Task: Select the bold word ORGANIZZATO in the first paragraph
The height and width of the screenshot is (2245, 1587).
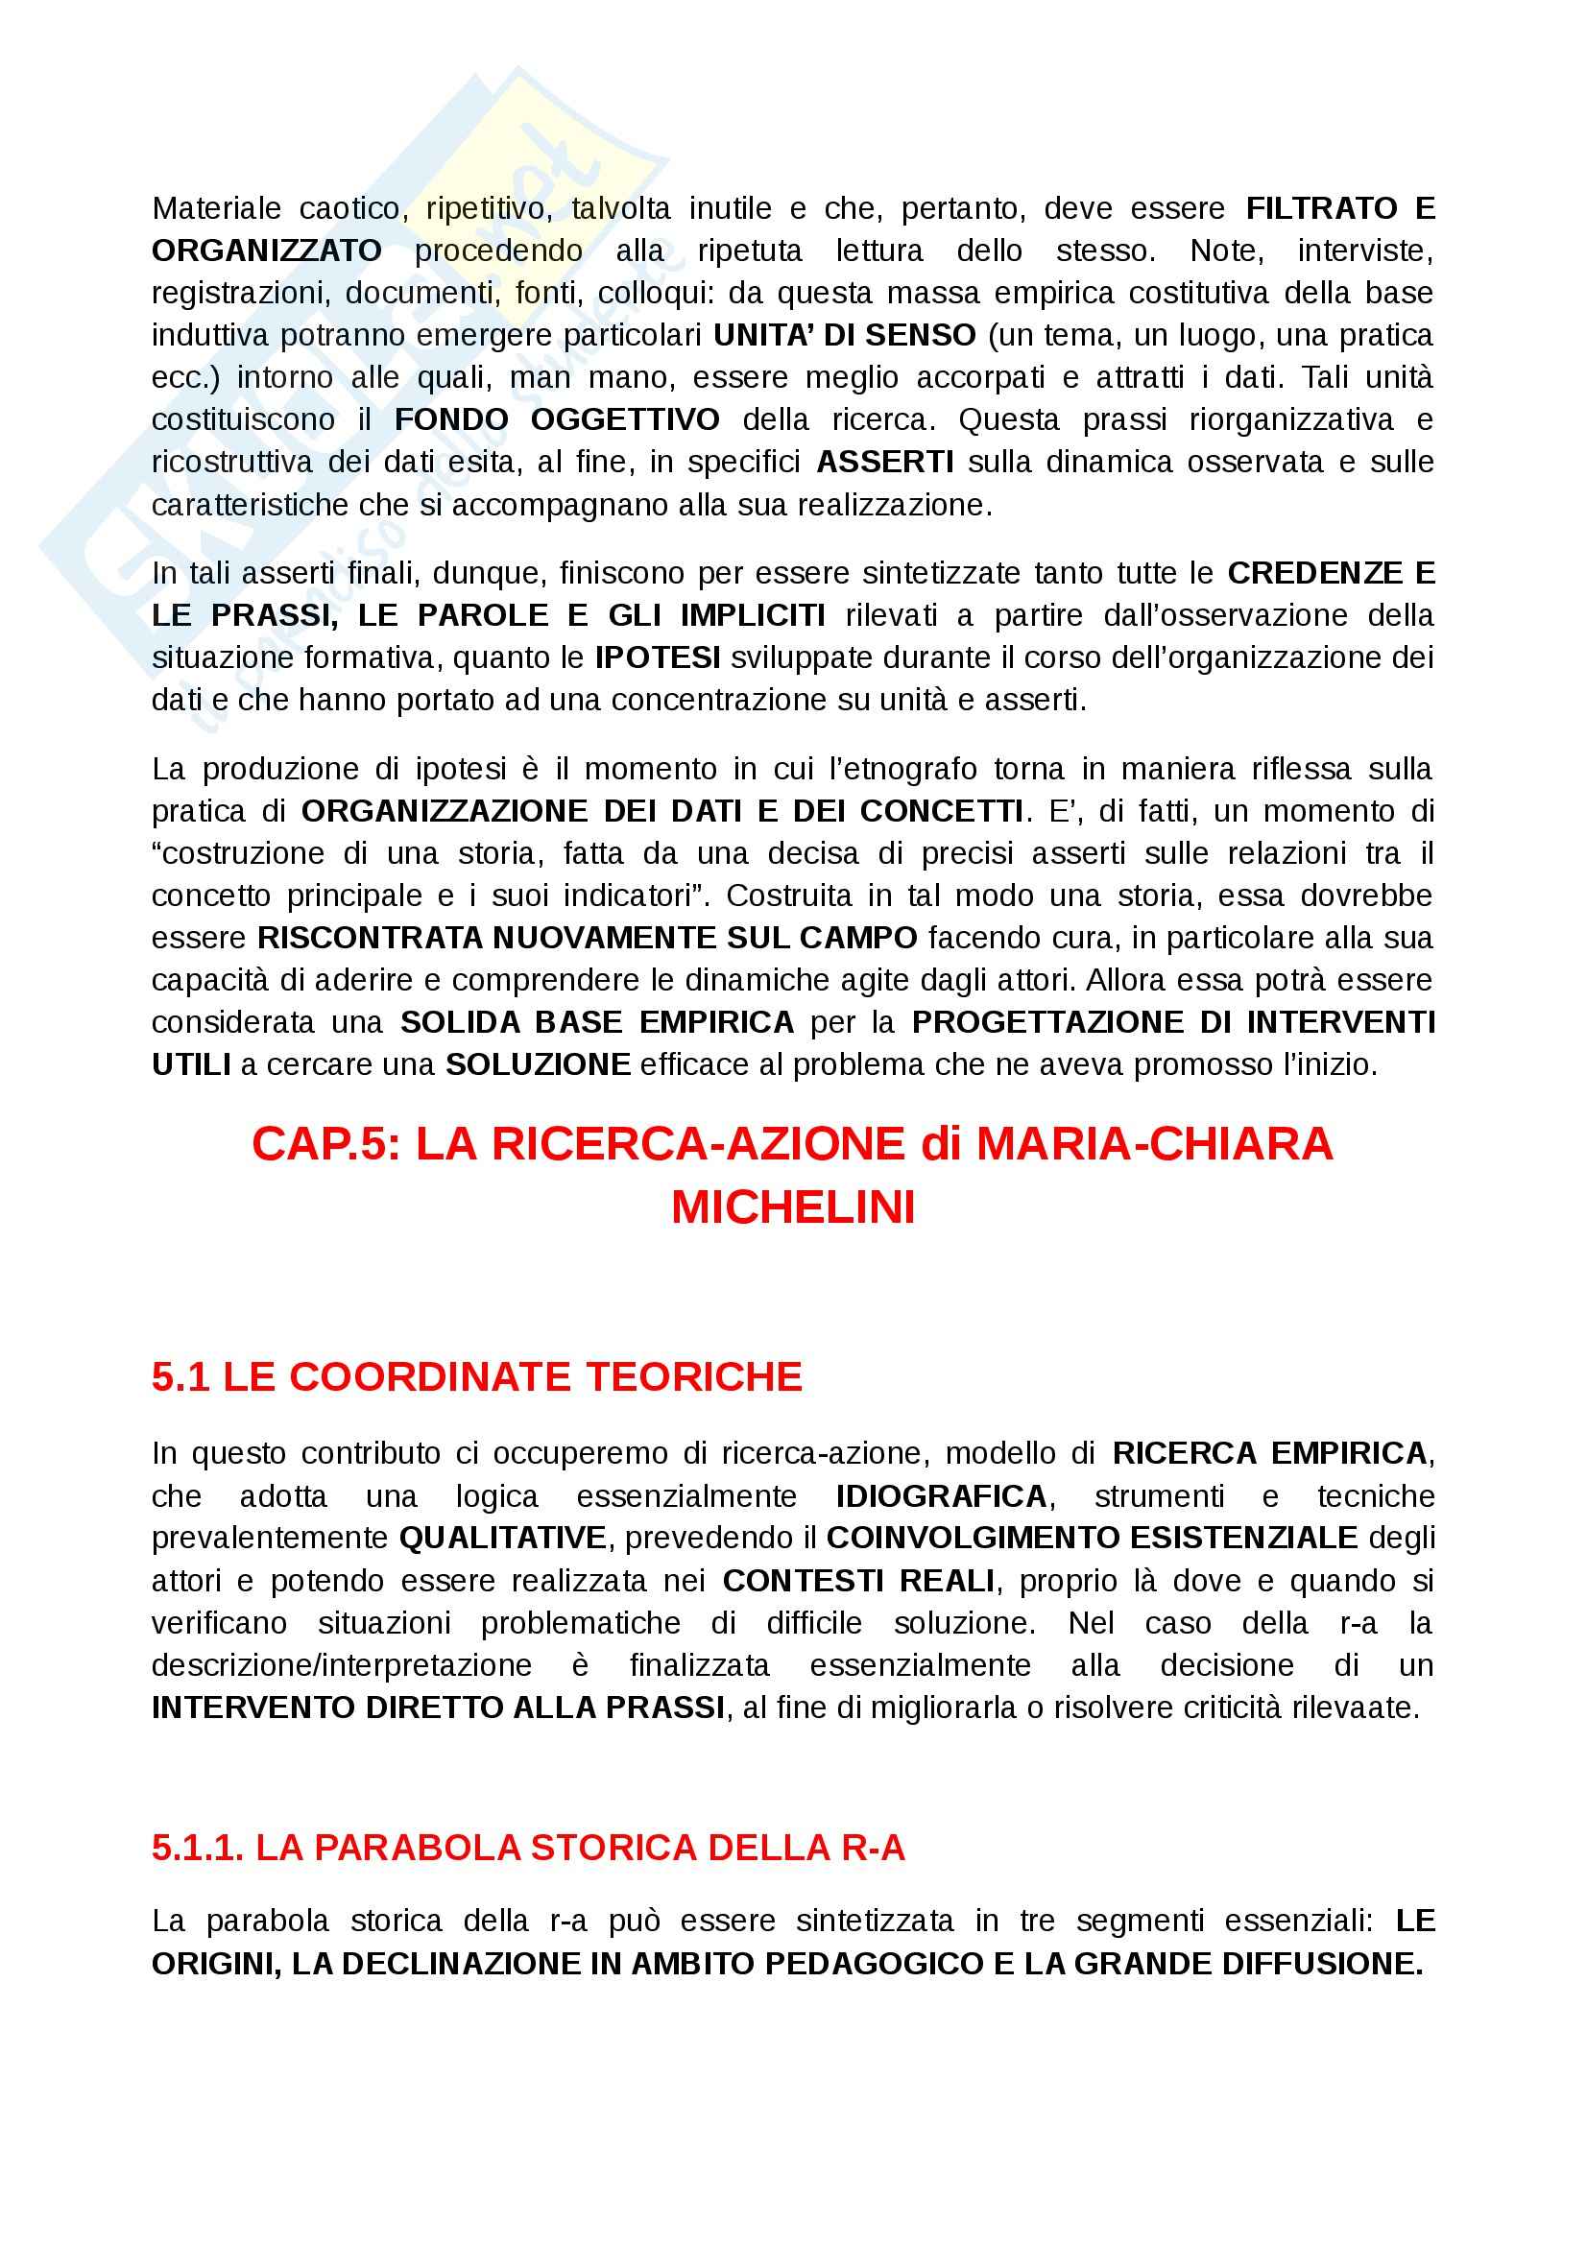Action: (266, 251)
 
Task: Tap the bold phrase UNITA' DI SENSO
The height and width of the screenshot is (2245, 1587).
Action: (844, 334)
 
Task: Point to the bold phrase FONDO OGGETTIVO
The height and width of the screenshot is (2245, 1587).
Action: (557, 419)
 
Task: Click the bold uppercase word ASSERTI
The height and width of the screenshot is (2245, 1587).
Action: (885, 462)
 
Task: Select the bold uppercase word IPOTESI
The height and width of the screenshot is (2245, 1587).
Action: (657, 657)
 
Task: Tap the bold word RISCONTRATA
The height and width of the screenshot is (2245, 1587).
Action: (370, 938)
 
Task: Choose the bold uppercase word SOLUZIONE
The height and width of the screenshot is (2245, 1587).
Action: (538, 1063)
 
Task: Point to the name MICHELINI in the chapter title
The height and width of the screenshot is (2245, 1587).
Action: (793, 1206)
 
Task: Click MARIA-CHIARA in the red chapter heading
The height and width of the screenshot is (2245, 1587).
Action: (1154, 1144)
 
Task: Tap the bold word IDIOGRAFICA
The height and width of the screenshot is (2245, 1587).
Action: (941, 1496)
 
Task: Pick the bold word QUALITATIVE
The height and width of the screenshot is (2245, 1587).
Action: (503, 1538)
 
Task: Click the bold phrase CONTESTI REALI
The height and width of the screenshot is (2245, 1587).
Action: (858, 1581)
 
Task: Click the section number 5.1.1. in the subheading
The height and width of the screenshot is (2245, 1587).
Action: (198, 1848)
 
